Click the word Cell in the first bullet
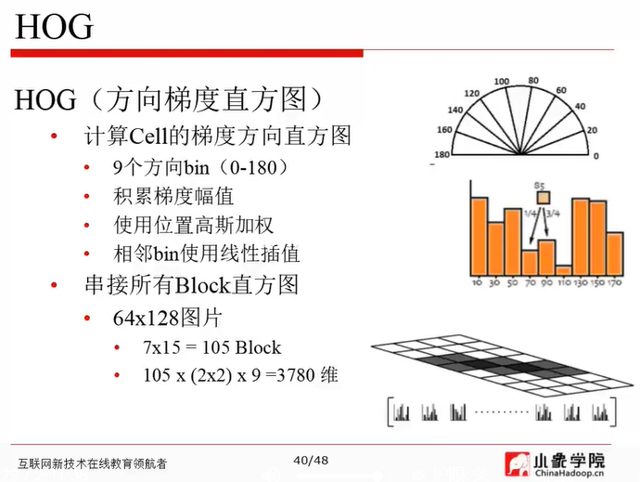click(147, 137)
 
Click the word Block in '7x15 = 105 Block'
click(257, 347)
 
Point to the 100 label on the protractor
click(502, 83)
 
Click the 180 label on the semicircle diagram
click(442, 154)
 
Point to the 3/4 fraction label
click(555, 214)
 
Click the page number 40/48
click(310, 461)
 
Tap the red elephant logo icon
click(517, 462)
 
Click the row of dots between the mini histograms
click(502, 410)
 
